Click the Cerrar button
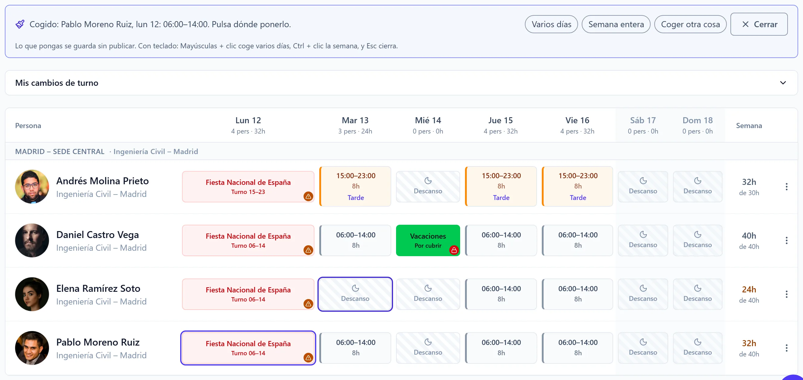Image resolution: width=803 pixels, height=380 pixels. (759, 24)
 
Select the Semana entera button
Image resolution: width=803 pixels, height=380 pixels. (616, 24)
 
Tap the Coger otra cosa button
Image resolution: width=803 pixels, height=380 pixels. (690, 24)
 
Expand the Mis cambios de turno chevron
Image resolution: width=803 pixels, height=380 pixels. (783, 83)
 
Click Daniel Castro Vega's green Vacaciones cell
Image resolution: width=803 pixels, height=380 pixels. (428, 240)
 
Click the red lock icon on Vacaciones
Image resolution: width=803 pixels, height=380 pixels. (454, 250)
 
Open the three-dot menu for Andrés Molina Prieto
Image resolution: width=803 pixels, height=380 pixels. (786, 187)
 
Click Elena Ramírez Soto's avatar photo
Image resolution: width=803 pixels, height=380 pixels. (32, 294)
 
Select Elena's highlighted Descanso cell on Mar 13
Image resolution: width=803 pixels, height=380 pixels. (355, 294)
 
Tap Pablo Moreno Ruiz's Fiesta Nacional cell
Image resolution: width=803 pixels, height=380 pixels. (248, 348)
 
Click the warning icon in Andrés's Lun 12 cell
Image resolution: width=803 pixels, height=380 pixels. (308, 197)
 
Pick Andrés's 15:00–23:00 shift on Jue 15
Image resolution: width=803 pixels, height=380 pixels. (501, 186)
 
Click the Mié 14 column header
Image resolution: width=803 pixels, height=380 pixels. (428, 125)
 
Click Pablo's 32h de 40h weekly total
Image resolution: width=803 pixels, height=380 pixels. (749, 348)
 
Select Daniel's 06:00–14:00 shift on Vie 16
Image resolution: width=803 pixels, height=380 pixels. (578, 240)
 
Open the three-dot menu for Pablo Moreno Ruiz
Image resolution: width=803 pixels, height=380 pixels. (786, 348)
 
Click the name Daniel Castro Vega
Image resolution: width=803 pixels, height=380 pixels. (98, 234)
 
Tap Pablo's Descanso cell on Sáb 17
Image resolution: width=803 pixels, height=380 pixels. (643, 348)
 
